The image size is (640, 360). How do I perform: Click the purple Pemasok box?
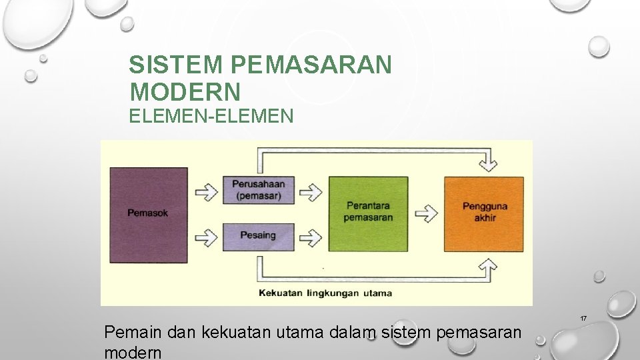point(148,214)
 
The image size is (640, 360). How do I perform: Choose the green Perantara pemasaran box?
point(368,213)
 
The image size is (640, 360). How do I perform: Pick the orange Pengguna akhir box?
point(484,213)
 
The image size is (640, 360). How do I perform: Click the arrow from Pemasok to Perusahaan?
point(206,192)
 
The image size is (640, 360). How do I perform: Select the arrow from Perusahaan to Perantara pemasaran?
point(311,192)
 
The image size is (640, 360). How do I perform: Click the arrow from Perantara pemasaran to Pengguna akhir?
point(426,213)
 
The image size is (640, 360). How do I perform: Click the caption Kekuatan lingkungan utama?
point(325,293)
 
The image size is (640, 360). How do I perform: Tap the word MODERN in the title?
point(185,91)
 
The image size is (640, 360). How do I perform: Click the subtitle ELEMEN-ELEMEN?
point(211,117)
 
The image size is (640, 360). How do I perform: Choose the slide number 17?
point(583,319)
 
